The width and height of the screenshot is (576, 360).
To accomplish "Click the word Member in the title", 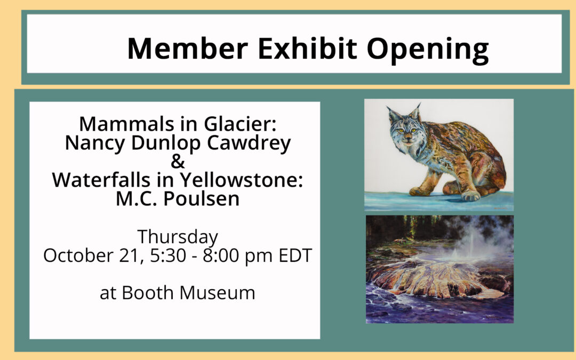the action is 187,49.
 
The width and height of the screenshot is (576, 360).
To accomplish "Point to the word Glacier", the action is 240,124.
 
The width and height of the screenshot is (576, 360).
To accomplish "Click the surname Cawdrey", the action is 249,143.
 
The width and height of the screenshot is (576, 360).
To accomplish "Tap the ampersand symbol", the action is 178,162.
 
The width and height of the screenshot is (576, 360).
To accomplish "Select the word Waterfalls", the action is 101,180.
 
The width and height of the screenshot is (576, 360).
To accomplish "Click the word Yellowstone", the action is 242,180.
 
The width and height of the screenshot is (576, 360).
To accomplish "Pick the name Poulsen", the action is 201,199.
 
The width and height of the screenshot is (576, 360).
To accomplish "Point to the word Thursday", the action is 178,237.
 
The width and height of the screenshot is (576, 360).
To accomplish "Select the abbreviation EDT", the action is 295,255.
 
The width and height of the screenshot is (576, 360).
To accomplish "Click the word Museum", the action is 217,293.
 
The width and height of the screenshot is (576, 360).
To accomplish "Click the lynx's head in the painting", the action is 405,127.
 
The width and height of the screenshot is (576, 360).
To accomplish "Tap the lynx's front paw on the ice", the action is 420,191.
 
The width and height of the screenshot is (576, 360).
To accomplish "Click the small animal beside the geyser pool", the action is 398,242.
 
